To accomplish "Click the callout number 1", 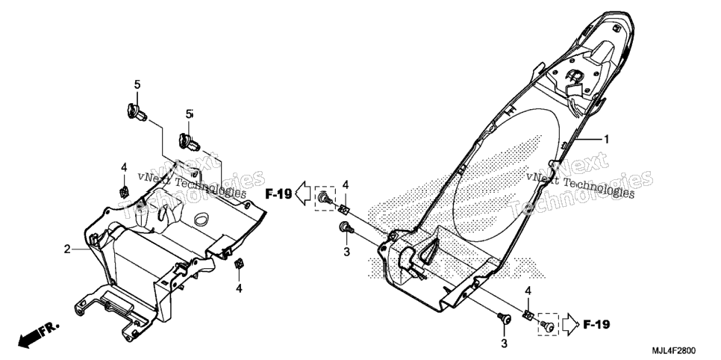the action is point(607,139).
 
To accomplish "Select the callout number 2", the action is point(67,249).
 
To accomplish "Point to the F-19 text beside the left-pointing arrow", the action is point(278,194).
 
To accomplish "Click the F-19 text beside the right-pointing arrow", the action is point(596,325).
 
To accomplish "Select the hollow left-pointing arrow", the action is point(304,193).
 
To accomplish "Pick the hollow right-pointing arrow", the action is point(571,324).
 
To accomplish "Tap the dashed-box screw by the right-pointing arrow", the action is point(547,325).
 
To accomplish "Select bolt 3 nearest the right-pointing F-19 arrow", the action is point(505,318).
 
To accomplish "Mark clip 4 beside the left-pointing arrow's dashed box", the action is point(343,209).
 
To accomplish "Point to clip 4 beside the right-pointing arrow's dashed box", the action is point(528,316).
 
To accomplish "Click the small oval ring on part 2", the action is point(202,219).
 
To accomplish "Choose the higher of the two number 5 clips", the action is point(136,112).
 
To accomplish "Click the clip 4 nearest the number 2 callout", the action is point(123,191).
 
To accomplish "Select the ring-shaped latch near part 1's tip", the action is point(574,75).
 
